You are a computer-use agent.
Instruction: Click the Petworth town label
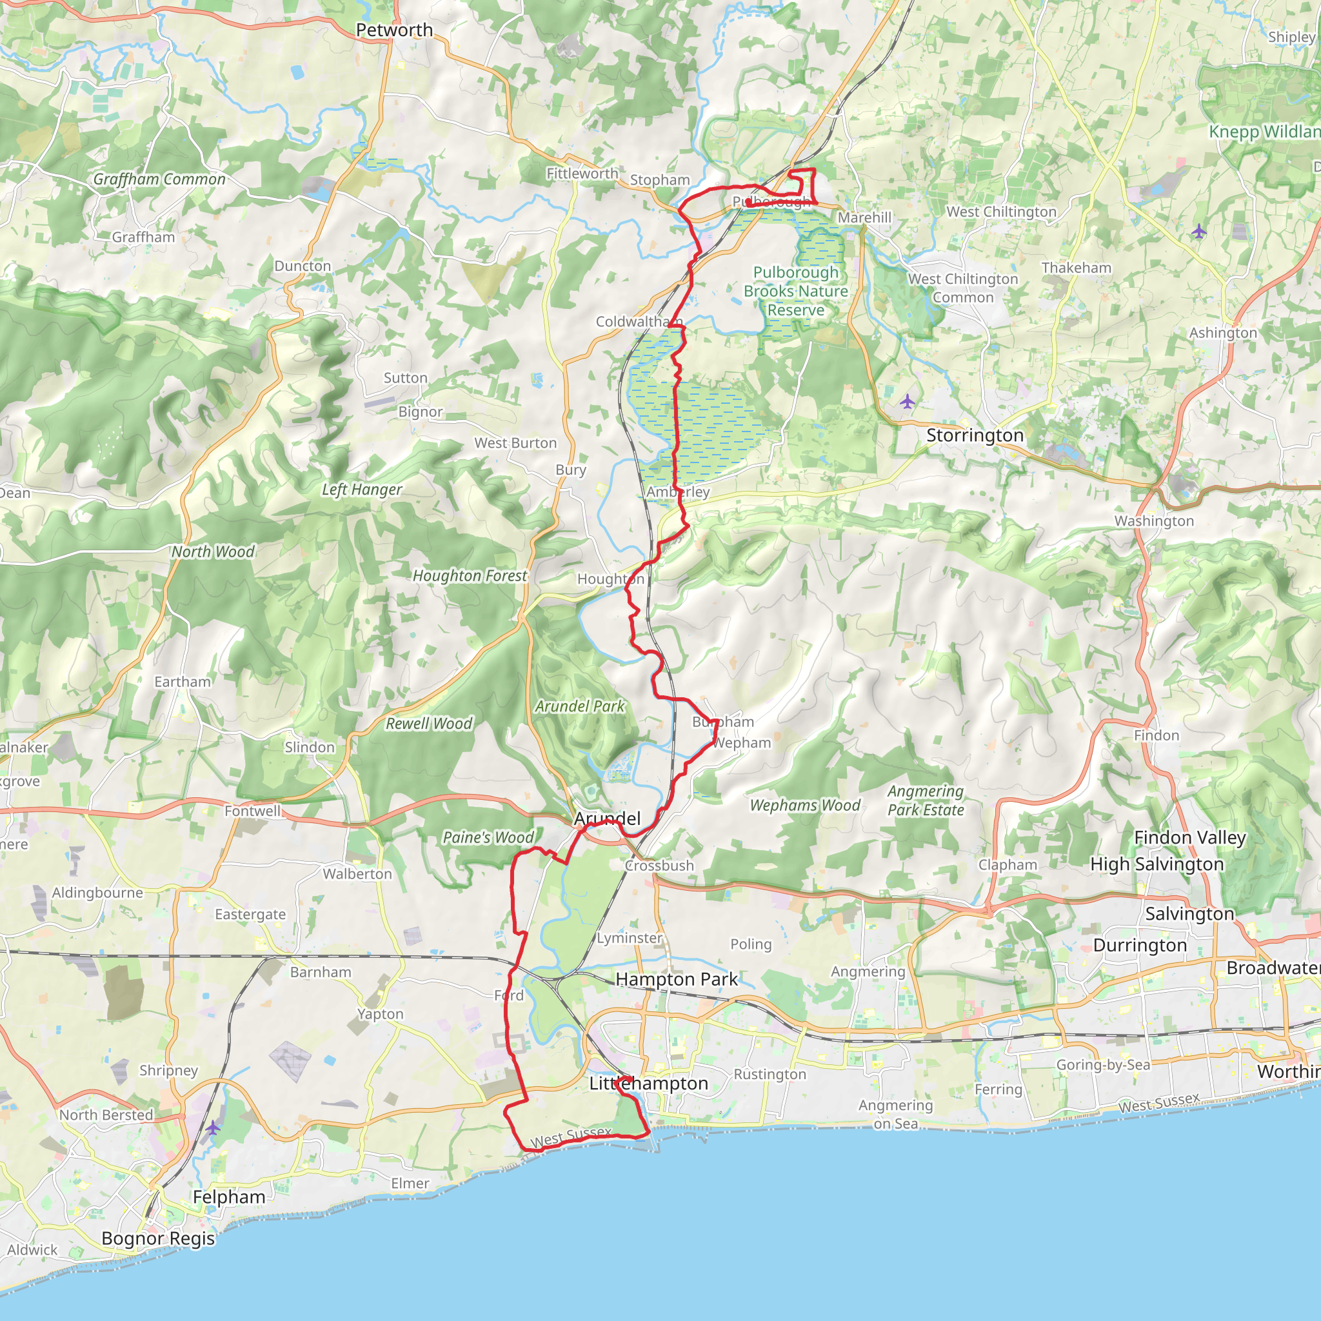[394, 30]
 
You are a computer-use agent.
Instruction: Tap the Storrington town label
[975, 435]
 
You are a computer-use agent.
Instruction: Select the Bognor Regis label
[158, 1238]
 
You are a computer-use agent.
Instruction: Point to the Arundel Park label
[580, 706]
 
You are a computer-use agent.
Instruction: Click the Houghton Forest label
[470, 576]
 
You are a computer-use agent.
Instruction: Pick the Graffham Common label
[159, 179]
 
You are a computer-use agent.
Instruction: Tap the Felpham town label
[229, 1197]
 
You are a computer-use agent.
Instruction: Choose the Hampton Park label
[676, 980]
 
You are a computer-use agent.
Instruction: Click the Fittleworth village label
[582, 174]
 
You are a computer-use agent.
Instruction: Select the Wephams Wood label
[805, 806]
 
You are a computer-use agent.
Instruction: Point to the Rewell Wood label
[429, 724]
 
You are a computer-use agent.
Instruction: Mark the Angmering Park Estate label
[926, 800]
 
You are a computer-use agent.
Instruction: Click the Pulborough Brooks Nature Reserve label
[796, 292]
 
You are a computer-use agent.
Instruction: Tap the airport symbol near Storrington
[907, 401]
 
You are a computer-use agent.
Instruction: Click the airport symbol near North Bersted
[214, 1127]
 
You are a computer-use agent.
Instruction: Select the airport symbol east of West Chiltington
[1198, 232]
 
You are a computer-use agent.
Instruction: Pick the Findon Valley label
[1189, 838]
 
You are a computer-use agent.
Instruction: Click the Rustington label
[770, 1075]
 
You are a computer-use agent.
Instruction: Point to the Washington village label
[1154, 521]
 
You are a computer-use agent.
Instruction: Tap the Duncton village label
[303, 266]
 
